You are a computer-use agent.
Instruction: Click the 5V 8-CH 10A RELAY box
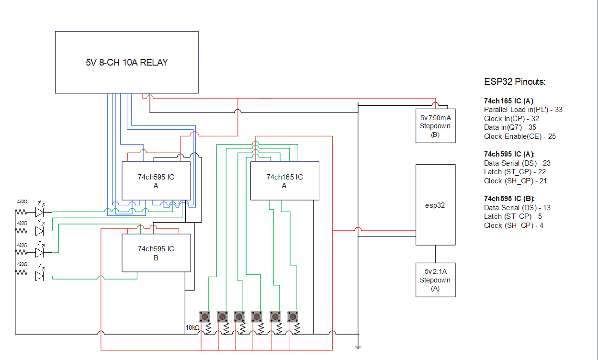click(x=127, y=62)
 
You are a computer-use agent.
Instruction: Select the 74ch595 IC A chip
click(x=156, y=181)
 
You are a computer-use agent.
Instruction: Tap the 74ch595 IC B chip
click(x=156, y=253)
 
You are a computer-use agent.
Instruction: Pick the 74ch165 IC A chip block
click(x=284, y=181)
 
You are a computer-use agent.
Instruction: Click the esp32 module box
click(x=435, y=205)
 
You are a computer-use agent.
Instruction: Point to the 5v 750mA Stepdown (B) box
click(x=435, y=126)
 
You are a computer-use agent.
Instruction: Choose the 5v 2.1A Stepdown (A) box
click(x=435, y=280)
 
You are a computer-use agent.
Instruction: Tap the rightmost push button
click(x=293, y=317)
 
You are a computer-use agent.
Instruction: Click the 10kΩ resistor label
click(x=192, y=327)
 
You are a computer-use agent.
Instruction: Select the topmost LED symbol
click(x=40, y=211)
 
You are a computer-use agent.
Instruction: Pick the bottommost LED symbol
click(x=40, y=276)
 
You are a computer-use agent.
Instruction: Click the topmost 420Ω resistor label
click(x=22, y=202)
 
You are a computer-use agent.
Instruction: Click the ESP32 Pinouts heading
click(x=515, y=82)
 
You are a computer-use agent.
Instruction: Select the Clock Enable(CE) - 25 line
click(x=519, y=136)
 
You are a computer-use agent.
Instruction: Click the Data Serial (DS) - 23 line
click(x=517, y=163)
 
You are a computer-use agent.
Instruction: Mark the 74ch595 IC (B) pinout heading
click(x=509, y=198)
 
